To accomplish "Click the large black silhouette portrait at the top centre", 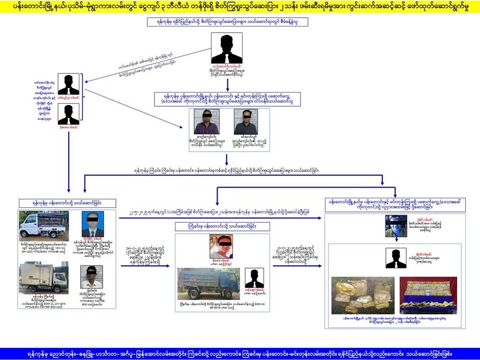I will coord(227,48).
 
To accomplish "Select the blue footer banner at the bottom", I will coord(240,353).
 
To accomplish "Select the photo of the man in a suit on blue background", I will coord(93,224).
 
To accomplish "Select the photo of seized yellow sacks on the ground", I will coord(363,295).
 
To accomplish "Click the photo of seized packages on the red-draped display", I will coord(428,295).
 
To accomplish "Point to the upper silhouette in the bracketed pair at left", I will coord(68,84).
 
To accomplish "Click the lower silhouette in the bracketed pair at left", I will coord(68,114).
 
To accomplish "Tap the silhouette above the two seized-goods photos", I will coord(396,258).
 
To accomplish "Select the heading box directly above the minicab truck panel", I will coord(69,202).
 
